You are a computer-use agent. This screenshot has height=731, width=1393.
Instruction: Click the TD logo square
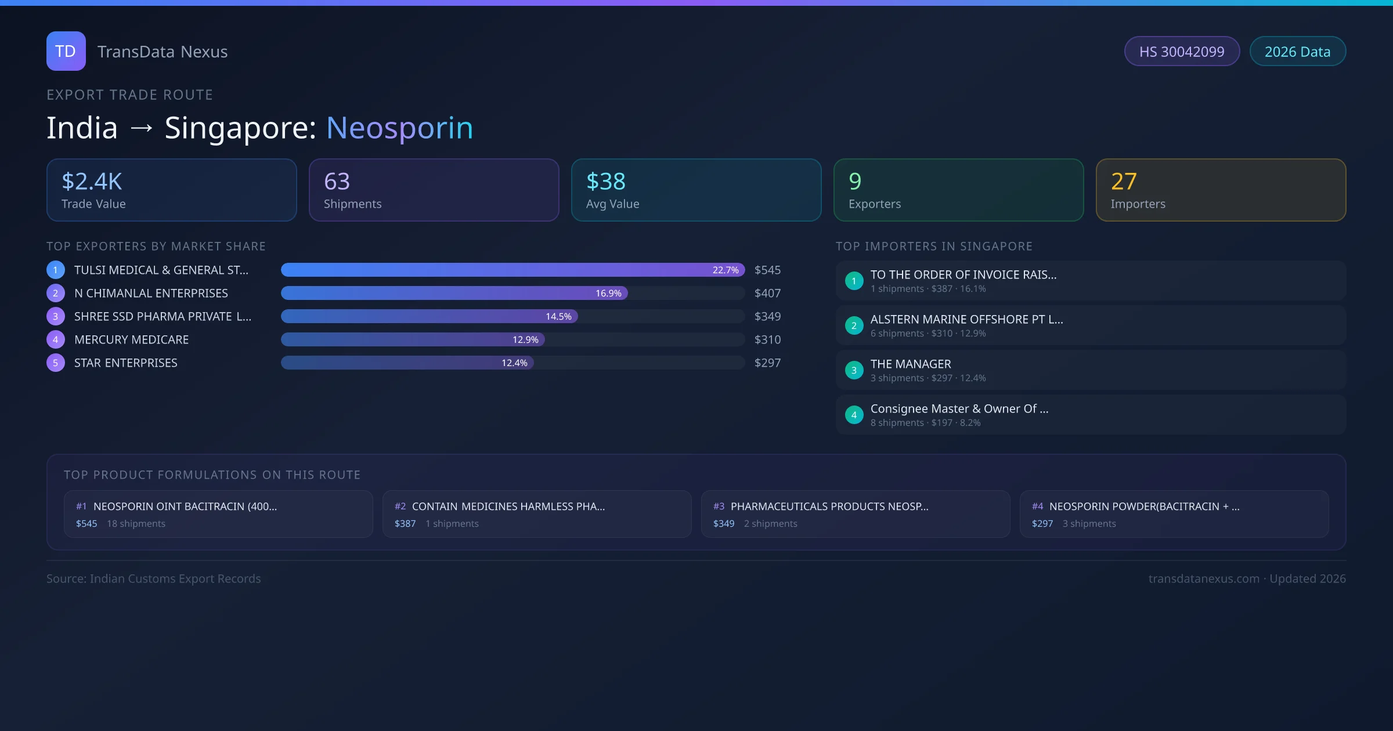(66, 51)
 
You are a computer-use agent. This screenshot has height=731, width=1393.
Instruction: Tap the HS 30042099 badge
(1181, 52)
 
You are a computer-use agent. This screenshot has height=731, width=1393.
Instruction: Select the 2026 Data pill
(1297, 52)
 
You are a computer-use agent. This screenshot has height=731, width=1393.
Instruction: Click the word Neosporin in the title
(399, 128)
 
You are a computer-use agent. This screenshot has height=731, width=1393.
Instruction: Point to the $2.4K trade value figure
(92, 182)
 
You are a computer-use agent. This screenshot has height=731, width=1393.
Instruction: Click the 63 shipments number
(337, 182)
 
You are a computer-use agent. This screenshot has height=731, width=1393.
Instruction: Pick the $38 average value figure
(605, 182)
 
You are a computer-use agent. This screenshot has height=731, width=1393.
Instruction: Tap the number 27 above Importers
(1123, 182)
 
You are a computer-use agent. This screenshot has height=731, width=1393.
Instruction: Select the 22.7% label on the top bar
(725, 270)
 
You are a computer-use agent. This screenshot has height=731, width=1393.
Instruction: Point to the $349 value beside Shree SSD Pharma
(767, 316)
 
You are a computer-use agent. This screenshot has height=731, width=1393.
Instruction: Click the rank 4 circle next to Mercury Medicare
(56, 339)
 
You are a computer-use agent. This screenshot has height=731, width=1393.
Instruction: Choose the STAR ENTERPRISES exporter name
(126, 363)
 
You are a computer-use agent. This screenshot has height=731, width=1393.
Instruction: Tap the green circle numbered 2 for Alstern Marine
(854, 325)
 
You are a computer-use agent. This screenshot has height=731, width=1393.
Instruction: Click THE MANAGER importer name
(911, 364)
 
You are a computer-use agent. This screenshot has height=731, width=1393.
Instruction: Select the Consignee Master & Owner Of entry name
(959, 408)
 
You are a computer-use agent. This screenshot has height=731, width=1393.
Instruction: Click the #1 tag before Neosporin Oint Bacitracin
(81, 506)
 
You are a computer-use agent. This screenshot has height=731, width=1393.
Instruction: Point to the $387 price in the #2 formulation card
(405, 523)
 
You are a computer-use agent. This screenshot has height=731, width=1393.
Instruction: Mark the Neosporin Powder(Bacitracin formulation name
(1143, 506)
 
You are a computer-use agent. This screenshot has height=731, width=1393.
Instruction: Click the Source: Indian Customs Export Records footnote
(153, 578)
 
